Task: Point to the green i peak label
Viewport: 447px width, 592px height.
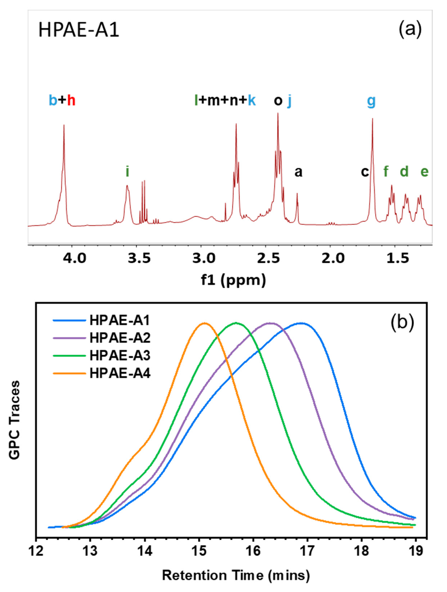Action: point(127,172)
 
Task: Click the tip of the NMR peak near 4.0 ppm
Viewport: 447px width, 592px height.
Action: point(64,125)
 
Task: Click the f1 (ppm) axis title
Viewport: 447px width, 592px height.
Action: point(234,280)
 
